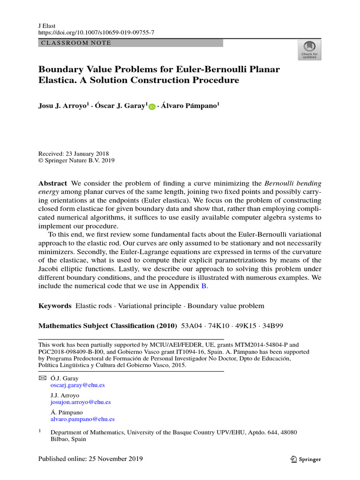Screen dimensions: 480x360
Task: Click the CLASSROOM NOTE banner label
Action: [x=76, y=43]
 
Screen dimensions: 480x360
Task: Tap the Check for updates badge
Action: [x=309, y=50]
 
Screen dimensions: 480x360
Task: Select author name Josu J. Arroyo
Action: [x=62, y=106]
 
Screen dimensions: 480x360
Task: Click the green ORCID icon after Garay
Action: [x=152, y=107]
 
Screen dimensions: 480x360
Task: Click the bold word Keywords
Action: [x=54, y=306]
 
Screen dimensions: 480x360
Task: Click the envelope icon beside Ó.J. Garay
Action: [x=42, y=378]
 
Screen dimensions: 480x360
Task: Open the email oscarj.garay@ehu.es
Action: [x=77, y=385]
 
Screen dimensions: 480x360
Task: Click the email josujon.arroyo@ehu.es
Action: [x=81, y=402]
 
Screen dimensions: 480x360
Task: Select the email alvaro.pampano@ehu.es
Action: [x=82, y=420]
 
